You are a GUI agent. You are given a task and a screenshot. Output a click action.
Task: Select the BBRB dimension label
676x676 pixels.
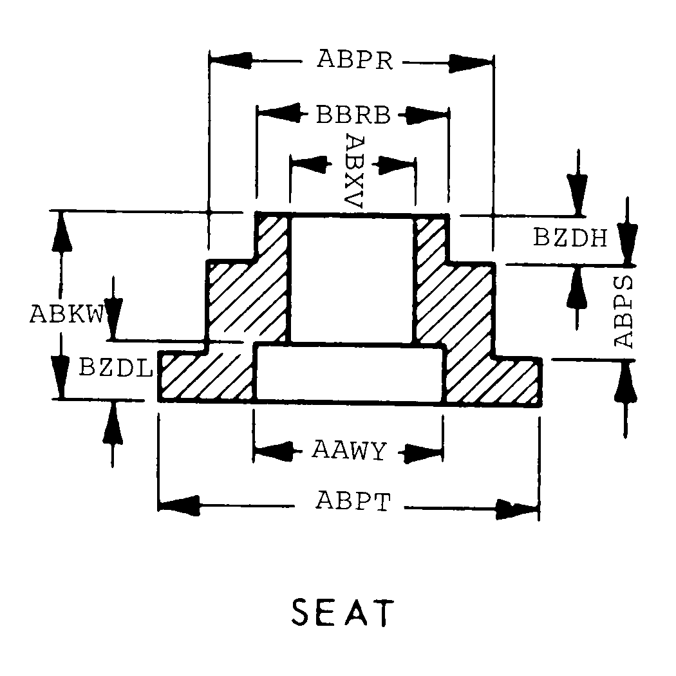click(353, 115)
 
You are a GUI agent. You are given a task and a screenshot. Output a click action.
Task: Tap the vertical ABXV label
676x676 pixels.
click(355, 171)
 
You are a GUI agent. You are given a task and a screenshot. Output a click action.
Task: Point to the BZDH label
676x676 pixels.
click(570, 237)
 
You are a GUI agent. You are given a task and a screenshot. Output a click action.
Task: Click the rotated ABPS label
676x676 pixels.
click(623, 311)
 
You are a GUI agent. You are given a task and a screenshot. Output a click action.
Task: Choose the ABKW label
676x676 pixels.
click(67, 314)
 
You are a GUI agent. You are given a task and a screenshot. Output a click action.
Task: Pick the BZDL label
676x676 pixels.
click(115, 368)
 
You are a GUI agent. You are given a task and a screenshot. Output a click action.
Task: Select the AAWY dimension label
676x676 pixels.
click(349, 450)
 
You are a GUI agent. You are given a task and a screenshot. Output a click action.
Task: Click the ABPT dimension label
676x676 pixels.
click(353, 501)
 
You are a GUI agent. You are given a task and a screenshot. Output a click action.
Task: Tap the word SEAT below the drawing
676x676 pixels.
click(343, 612)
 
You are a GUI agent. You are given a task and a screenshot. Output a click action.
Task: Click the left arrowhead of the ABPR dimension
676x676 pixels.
click(230, 61)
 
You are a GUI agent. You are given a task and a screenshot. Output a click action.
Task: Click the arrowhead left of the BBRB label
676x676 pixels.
click(279, 113)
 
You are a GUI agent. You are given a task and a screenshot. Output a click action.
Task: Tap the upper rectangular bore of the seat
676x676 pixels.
click(352, 279)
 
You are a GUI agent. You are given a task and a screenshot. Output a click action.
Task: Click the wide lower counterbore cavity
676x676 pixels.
click(350, 373)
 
